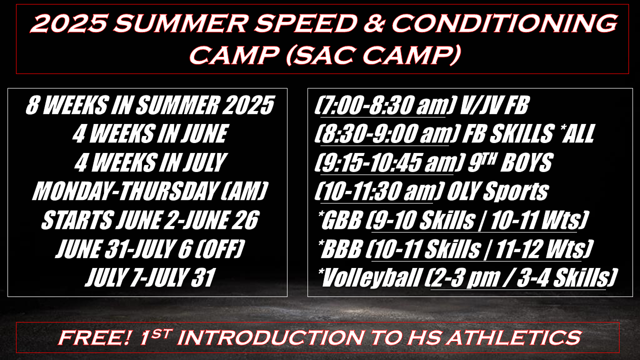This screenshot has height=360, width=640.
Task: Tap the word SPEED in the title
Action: click(x=305, y=23)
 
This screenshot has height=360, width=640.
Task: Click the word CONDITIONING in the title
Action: click(x=504, y=23)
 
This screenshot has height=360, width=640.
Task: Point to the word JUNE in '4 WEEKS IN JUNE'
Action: click(x=204, y=133)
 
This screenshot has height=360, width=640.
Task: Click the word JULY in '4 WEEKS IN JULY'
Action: click(x=205, y=162)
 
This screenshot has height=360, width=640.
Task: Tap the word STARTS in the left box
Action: click(x=76, y=220)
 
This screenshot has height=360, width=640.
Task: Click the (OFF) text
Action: click(x=219, y=248)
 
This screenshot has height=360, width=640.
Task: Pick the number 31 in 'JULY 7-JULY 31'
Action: click(x=203, y=277)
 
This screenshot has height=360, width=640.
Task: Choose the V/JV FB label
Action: click(x=494, y=105)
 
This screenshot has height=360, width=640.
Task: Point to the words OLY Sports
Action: click(x=497, y=191)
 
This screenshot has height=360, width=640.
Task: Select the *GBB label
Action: click(x=340, y=220)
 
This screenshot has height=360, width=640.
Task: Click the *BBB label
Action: click(x=339, y=249)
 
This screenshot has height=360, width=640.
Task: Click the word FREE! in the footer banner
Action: click(x=94, y=337)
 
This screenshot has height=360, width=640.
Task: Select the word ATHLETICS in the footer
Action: click(x=514, y=337)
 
